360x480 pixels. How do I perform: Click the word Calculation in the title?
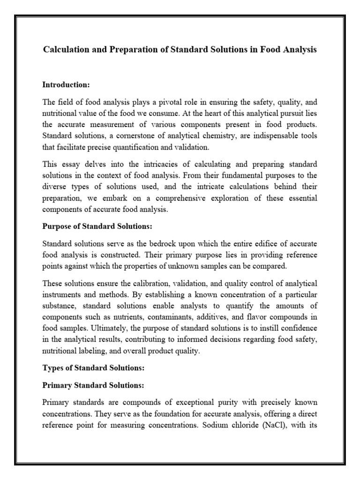[66, 50]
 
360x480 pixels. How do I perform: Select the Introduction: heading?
[66, 85]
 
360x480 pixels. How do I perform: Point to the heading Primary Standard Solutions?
[93, 385]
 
